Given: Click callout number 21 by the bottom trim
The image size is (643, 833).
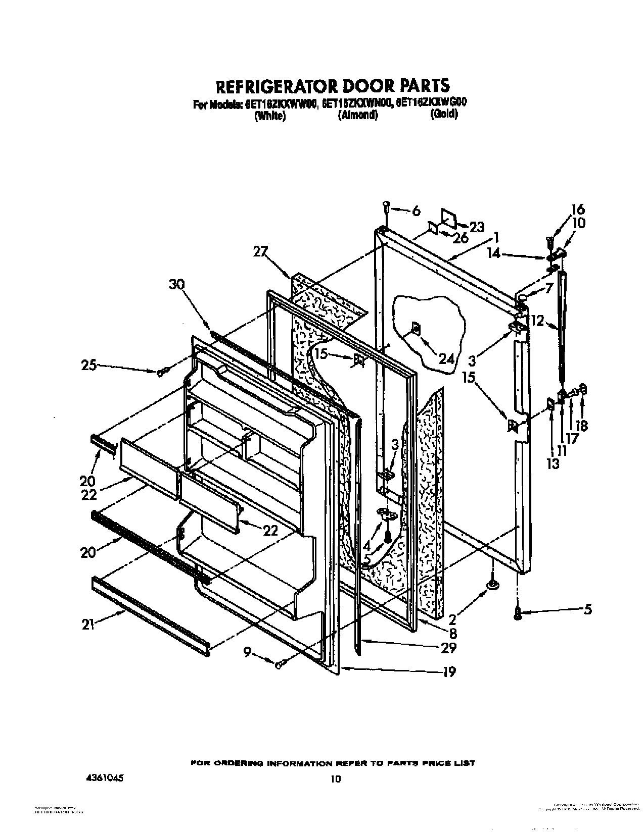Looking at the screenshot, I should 89,624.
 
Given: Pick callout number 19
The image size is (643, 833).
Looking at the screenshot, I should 449,671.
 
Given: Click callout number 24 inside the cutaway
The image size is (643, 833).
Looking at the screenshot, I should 446,359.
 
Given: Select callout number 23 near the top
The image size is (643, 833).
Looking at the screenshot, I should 477,227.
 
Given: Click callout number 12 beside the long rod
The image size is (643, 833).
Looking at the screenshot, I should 537,320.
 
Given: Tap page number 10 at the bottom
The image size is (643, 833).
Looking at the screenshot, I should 336,765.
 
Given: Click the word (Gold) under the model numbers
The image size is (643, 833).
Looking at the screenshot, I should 444,115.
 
